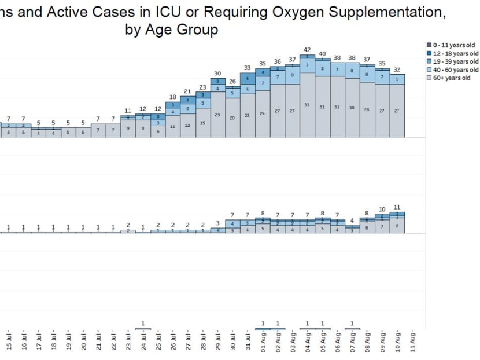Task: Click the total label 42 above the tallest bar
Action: (308, 50)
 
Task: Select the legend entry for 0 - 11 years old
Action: (455, 45)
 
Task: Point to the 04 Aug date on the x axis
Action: (308, 341)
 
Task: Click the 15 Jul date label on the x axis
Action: (9, 341)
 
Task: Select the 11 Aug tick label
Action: (412, 341)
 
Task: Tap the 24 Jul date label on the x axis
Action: (143, 341)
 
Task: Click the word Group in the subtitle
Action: (199, 30)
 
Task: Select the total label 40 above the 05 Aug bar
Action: (323, 54)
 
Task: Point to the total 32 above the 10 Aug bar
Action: (397, 69)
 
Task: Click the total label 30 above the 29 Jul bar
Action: (217, 74)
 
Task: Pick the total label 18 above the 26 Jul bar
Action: (173, 97)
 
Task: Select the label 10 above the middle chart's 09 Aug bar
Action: (382, 209)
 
